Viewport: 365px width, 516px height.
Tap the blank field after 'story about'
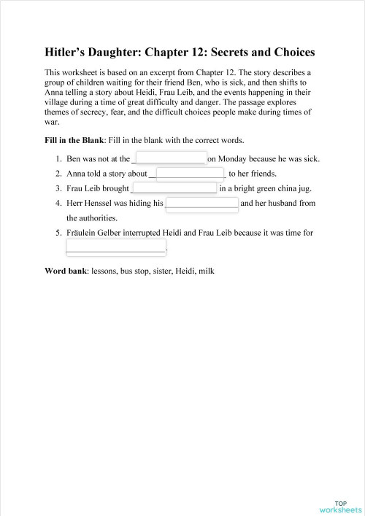(x=189, y=174)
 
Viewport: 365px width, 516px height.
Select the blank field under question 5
(x=116, y=247)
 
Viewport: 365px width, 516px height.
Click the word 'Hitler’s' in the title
(x=66, y=53)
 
